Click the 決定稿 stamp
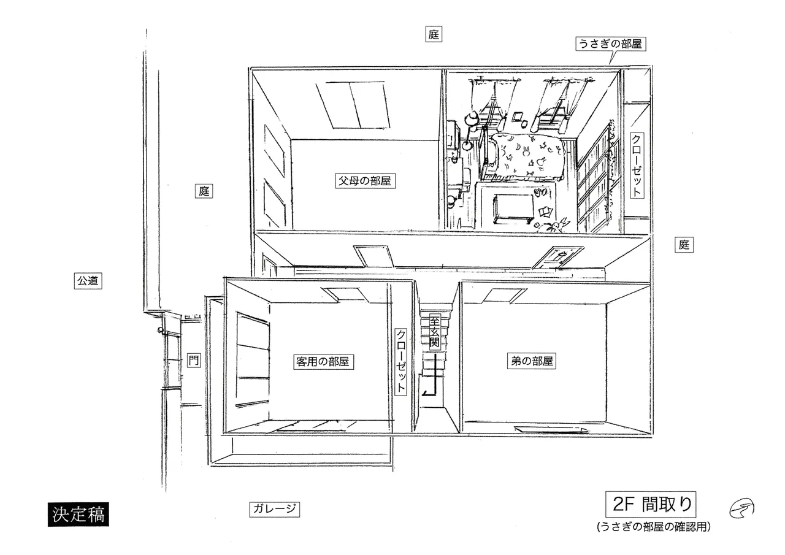click(78, 514)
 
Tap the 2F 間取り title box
click(651, 505)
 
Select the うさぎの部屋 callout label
click(610, 44)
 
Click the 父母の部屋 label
click(365, 181)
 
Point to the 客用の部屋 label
click(323, 362)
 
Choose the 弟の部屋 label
click(532, 361)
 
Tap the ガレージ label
click(274, 509)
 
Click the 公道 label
click(88, 281)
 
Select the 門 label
click(194, 360)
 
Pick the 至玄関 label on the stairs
click(434, 332)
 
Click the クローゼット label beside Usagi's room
click(637, 165)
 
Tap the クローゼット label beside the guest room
click(401, 361)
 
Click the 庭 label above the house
click(434, 34)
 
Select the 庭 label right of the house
click(684, 245)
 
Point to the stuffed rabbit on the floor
click(556, 224)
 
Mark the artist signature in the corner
click(741, 508)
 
